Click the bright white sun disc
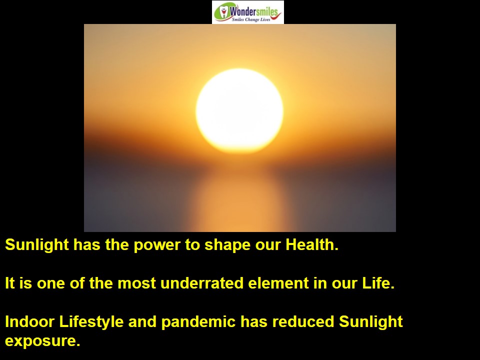(239, 110)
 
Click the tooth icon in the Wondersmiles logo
(224, 11)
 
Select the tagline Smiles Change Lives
(251, 19)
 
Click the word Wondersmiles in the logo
(254, 11)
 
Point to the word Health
(312, 244)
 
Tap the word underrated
(201, 283)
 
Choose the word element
(278, 283)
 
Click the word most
(136, 283)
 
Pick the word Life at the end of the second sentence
(378, 283)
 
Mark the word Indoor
(29, 321)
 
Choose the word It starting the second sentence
(10, 283)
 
